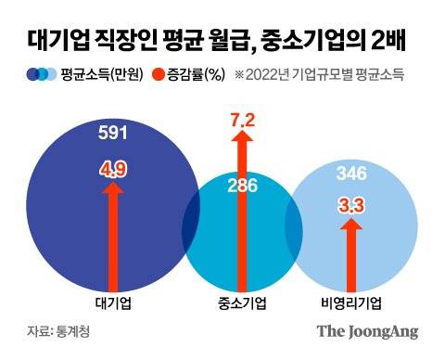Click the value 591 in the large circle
pos(112,134)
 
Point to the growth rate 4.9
pos(113,170)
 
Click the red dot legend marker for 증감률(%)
pos(159,74)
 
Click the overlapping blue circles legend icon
pos(44,74)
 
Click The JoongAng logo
pos(367,331)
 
